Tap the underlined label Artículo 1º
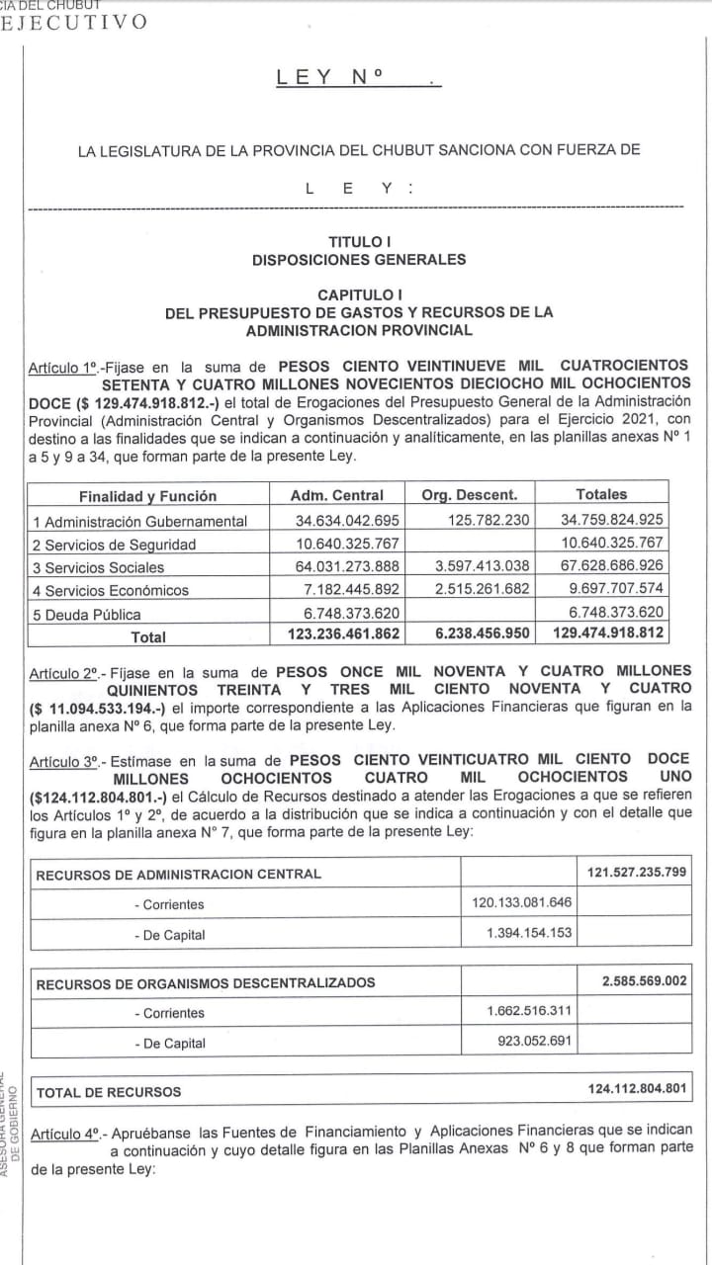63,368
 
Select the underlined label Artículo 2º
63,673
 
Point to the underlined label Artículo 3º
63,760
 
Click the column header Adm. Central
336,495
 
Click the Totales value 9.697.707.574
612,590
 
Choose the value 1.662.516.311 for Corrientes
529,1012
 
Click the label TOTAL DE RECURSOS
109,1092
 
